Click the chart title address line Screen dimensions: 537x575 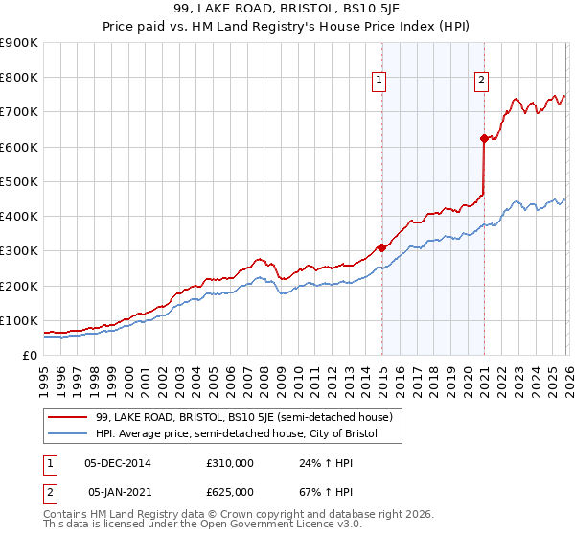(x=287, y=10)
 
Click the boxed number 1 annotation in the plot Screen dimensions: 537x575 (x=379, y=81)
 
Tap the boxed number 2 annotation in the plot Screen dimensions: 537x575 (x=480, y=81)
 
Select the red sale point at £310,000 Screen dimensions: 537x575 (x=382, y=247)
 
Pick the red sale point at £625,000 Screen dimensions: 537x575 (x=484, y=138)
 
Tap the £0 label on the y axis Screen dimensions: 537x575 (x=29, y=355)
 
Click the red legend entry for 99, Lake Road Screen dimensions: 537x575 (x=243, y=417)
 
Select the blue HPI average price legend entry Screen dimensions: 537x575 (x=236, y=434)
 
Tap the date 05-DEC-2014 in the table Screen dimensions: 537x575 (x=118, y=463)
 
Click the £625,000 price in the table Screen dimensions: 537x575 (x=229, y=492)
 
